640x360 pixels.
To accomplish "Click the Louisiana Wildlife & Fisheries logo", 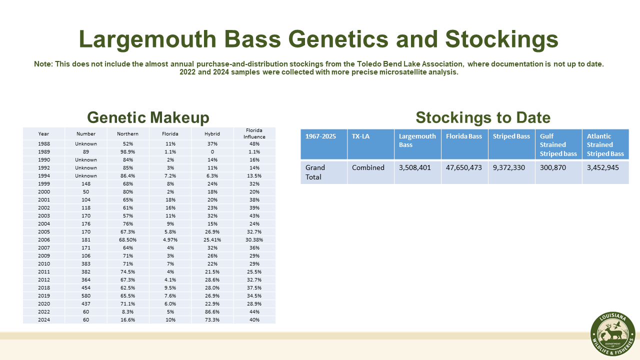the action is point(612,333).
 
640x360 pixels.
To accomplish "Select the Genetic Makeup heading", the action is point(148,117).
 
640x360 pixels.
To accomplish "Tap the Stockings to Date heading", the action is point(483,117).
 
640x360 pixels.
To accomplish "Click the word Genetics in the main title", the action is point(338,39).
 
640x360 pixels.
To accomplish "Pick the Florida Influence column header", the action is point(254,133).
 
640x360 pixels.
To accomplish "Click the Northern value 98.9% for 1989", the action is point(127,151).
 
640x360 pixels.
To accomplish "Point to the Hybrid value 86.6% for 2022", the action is point(212,311).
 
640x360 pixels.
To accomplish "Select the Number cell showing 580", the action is point(86,295).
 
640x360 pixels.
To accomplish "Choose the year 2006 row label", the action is point(43,239).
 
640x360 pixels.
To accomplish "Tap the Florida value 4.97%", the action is point(170,239).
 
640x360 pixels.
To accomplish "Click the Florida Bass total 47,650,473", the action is point(463,167).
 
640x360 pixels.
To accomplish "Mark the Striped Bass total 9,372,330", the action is point(508,167).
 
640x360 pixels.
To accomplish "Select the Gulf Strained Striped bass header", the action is point(558,145).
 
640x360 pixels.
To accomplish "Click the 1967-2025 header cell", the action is point(320,136).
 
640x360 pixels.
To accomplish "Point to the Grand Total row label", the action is point(315,172).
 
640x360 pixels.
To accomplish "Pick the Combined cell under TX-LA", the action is point(368,167).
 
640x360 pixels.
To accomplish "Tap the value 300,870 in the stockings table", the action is point(552,167).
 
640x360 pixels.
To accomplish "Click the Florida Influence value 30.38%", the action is point(254,239).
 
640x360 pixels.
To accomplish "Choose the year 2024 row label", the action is point(43,319).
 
